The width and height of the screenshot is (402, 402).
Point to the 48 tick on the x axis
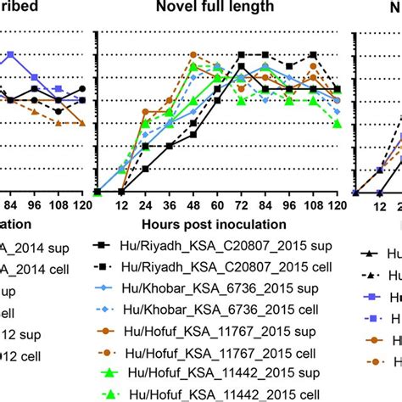(x=193, y=207)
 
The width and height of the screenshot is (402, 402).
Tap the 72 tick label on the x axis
(x=242, y=207)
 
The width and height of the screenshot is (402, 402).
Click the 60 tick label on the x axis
(x=218, y=207)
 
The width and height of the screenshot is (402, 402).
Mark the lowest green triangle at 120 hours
(x=338, y=124)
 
